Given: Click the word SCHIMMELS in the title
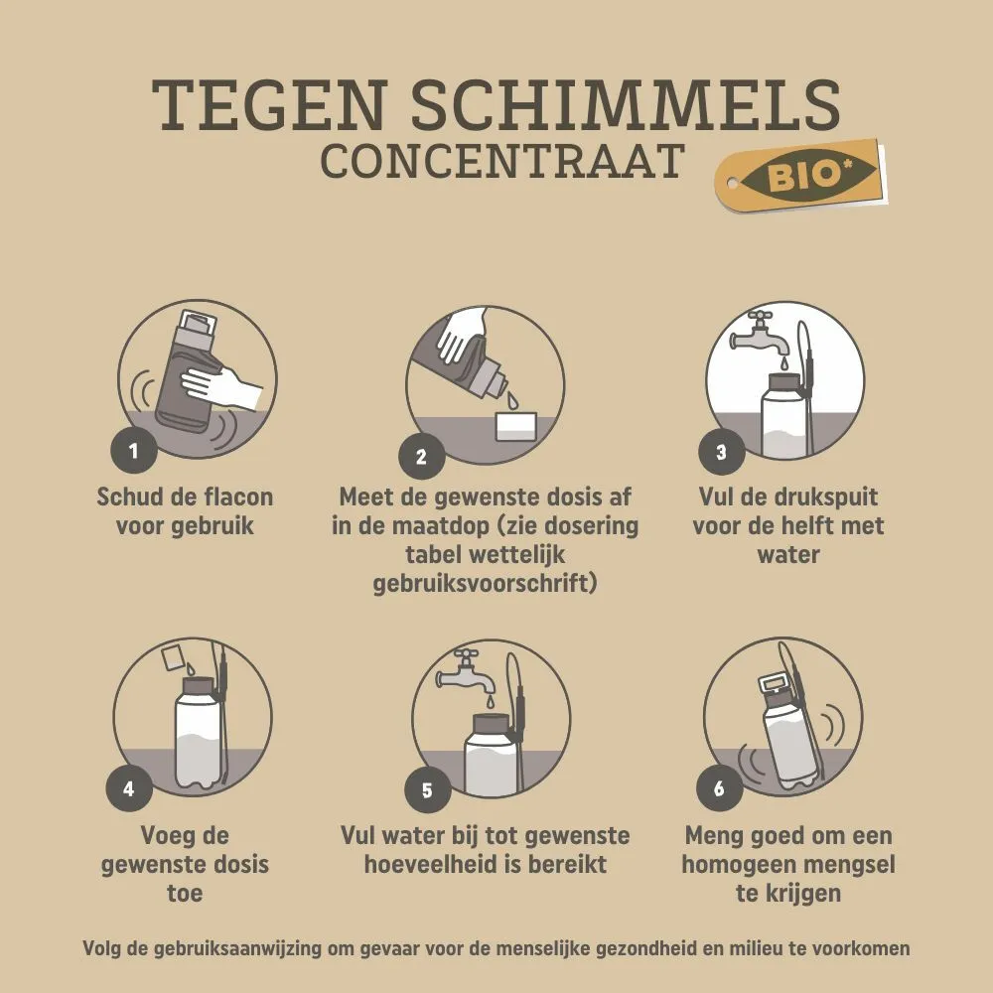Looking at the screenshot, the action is click(627, 104).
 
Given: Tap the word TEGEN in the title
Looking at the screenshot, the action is click(269, 104).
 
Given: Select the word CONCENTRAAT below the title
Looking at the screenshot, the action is click(502, 161).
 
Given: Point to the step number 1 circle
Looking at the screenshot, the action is click(134, 450).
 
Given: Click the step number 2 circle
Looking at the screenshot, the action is click(422, 457).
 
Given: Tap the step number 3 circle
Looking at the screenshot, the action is click(721, 452).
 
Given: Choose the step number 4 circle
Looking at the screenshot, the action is click(129, 788).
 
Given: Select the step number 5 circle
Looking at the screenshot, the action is click(427, 789).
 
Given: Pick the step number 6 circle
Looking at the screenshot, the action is click(719, 788).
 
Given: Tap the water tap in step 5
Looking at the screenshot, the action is click(467, 672).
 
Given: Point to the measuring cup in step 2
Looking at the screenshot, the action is click(516, 426).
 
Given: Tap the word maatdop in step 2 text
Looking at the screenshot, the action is click(440, 526).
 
